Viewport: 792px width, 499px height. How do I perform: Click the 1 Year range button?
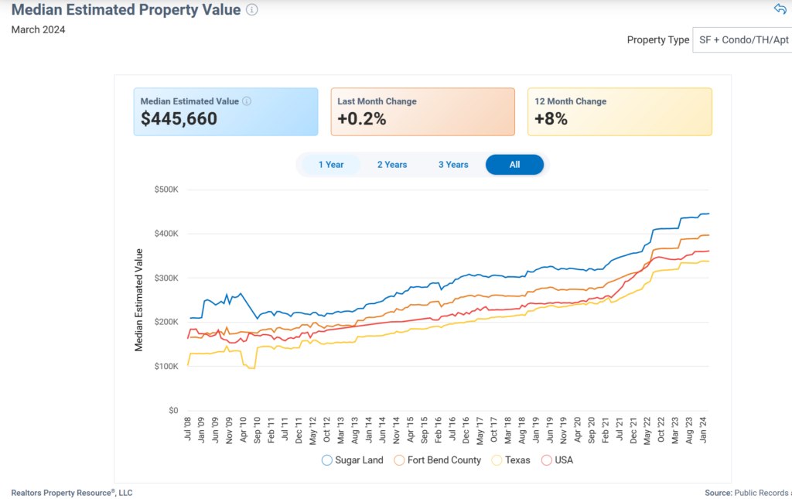(x=331, y=165)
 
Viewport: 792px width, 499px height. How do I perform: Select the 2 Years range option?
(x=392, y=165)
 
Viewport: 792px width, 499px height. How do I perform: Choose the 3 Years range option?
(x=453, y=165)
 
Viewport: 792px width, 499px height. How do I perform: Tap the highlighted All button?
(x=514, y=165)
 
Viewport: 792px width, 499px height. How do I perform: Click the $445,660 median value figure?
(x=179, y=119)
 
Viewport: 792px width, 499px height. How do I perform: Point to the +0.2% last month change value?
(x=362, y=119)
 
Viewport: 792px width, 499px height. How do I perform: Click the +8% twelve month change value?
(x=551, y=119)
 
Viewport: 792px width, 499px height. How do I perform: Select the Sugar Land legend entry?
(x=353, y=460)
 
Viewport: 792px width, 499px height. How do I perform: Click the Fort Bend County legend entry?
(x=438, y=460)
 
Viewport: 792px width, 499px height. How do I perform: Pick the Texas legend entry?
(x=513, y=460)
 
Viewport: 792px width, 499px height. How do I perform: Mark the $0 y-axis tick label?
(x=173, y=411)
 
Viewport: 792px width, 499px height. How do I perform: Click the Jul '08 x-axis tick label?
(x=188, y=429)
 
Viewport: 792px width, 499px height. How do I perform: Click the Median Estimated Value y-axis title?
(x=139, y=300)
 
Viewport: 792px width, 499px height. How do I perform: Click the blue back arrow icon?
(x=780, y=9)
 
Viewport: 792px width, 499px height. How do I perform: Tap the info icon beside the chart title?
(x=252, y=10)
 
